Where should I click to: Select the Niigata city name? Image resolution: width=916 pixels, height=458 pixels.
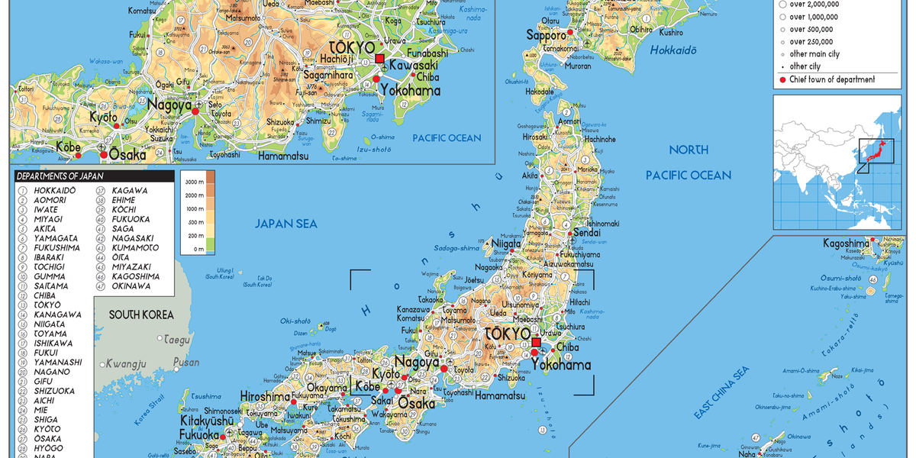[505, 244]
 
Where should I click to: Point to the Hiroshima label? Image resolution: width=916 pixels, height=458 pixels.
[265, 397]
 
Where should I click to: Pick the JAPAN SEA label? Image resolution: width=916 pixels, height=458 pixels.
[286, 224]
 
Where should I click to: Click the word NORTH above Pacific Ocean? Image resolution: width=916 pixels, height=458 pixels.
[689, 150]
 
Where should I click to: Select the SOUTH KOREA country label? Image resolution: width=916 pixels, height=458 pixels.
[141, 314]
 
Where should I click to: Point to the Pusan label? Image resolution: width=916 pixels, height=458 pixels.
[186, 363]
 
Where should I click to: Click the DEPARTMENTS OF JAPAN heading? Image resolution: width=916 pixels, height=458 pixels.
[60, 176]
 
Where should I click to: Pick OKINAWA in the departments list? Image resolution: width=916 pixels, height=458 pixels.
[131, 286]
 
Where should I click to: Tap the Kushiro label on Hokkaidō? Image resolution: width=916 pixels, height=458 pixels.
[671, 33]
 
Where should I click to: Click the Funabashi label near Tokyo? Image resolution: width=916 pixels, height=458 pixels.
[426, 53]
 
